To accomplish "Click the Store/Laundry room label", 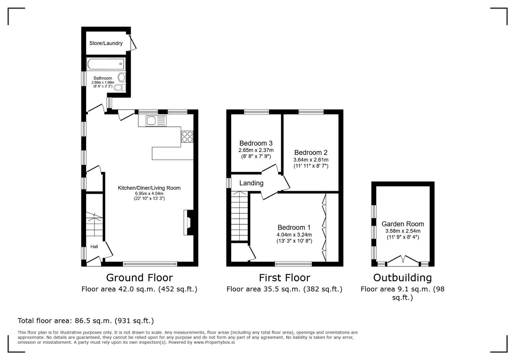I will pos(106,43).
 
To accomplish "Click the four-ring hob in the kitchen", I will pos(187,137).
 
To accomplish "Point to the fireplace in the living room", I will pos(188,223).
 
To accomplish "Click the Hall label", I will pos(94,247).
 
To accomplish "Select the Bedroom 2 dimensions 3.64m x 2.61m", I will pos(311,160).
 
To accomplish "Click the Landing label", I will pos(251,183).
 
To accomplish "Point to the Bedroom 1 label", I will pos(294,228).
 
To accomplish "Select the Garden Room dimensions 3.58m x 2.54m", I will pos(403,231).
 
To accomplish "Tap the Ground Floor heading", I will pos(139,278).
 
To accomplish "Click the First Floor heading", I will pos(285,278).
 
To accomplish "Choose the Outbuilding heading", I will pos(402,278).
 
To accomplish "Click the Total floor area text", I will pos(86,321).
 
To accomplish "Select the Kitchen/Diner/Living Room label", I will pos(149,188).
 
